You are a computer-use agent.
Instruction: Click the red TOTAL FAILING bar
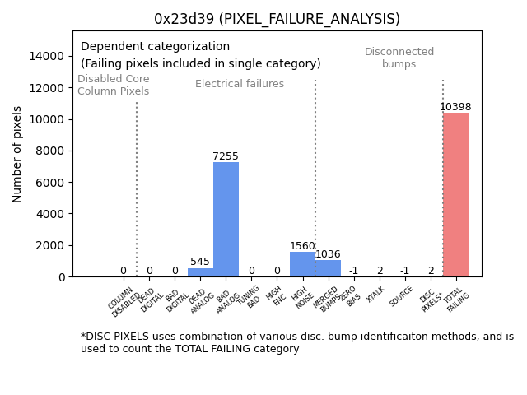455,194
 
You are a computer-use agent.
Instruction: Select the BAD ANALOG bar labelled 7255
226,219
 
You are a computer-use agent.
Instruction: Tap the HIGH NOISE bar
302,264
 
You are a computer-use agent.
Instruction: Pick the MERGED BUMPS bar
328,268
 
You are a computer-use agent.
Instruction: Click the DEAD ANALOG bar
200,272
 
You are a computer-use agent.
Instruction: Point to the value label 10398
455,107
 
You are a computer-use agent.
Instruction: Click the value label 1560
302,246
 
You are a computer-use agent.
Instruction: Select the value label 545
200,262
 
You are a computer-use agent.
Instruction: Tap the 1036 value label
328,254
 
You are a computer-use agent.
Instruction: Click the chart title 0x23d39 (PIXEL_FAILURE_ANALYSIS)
277,19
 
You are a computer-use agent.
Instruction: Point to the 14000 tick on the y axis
47,56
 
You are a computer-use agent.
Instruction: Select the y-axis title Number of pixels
17,154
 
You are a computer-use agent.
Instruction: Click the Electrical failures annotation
240,84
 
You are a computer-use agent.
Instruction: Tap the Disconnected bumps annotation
399,58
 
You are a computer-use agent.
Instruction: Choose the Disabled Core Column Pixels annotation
114,85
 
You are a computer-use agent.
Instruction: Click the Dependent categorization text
156,46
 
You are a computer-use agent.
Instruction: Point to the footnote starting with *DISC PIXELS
296,342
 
